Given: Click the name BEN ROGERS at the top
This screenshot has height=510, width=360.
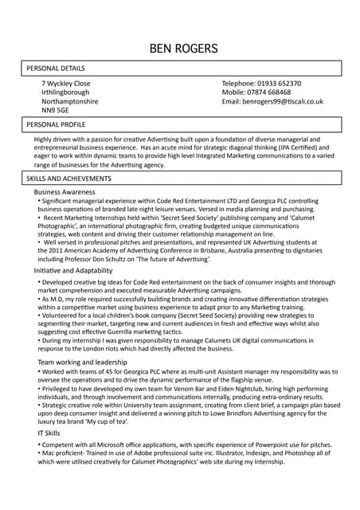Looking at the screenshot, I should point(183,49).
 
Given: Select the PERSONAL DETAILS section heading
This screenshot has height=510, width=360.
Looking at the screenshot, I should point(56,69).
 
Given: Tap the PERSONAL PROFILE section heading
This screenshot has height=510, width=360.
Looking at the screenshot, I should point(56,125).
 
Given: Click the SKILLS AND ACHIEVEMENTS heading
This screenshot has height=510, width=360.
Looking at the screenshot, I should point(69,178).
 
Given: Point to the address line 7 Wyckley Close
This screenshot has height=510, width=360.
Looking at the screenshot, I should point(66,84).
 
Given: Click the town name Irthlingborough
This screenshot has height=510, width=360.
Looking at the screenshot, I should point(65,92).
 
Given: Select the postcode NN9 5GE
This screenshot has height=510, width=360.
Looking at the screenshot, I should point(57,111).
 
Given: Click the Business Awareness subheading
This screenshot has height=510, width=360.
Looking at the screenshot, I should point(70,192).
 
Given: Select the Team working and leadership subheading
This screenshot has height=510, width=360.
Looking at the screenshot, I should point(83,363).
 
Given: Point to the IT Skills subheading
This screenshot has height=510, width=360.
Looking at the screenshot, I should point(47,433).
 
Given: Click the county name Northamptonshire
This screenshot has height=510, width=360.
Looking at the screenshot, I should point(70,102).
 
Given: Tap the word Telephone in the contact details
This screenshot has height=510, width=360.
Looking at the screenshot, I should point(237,84).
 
